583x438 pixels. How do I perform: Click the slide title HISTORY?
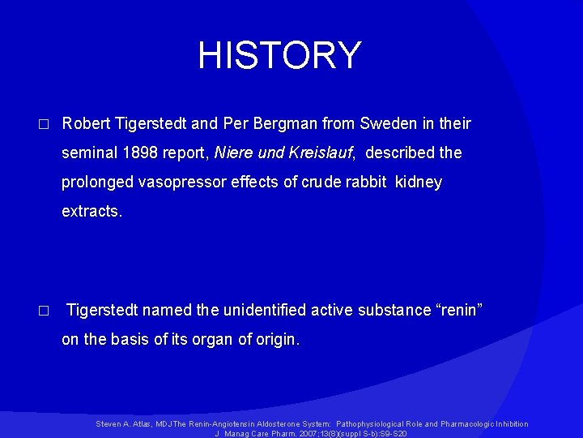click(x=279, y=55)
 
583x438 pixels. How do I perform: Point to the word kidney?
click(x=419, y=182)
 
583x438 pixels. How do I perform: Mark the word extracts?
click(x=91, y=212)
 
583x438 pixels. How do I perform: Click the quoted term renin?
click(x=454, y=310)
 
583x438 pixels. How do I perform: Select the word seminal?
click(x=90, y=153)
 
